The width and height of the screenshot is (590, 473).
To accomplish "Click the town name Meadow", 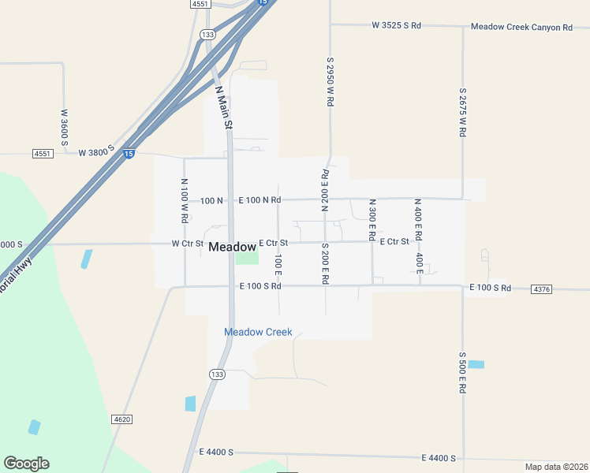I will [x=232, y=247].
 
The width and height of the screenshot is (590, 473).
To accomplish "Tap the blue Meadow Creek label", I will [x=258, y=332].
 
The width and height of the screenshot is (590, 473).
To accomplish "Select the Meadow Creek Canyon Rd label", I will [x=521, y=27].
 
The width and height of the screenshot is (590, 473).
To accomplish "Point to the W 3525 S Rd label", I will [x=396, y=25].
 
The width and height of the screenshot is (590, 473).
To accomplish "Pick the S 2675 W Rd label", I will [x=463, y=113].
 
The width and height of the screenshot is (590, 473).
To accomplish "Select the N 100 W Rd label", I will [x=184, y=200].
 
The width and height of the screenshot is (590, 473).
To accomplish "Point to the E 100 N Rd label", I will [x=260, y=200].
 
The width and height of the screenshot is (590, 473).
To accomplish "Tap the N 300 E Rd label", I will [x=372, y=220].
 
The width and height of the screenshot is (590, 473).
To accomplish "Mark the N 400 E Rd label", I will [x=419, y=220].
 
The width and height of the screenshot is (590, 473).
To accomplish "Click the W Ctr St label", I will [x=188, y=244].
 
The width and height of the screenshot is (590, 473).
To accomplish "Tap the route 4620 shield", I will [x=121, y=419].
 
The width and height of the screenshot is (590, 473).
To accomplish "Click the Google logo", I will [x=26, y=464].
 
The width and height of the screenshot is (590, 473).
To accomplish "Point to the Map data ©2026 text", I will [x=556, y=467].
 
